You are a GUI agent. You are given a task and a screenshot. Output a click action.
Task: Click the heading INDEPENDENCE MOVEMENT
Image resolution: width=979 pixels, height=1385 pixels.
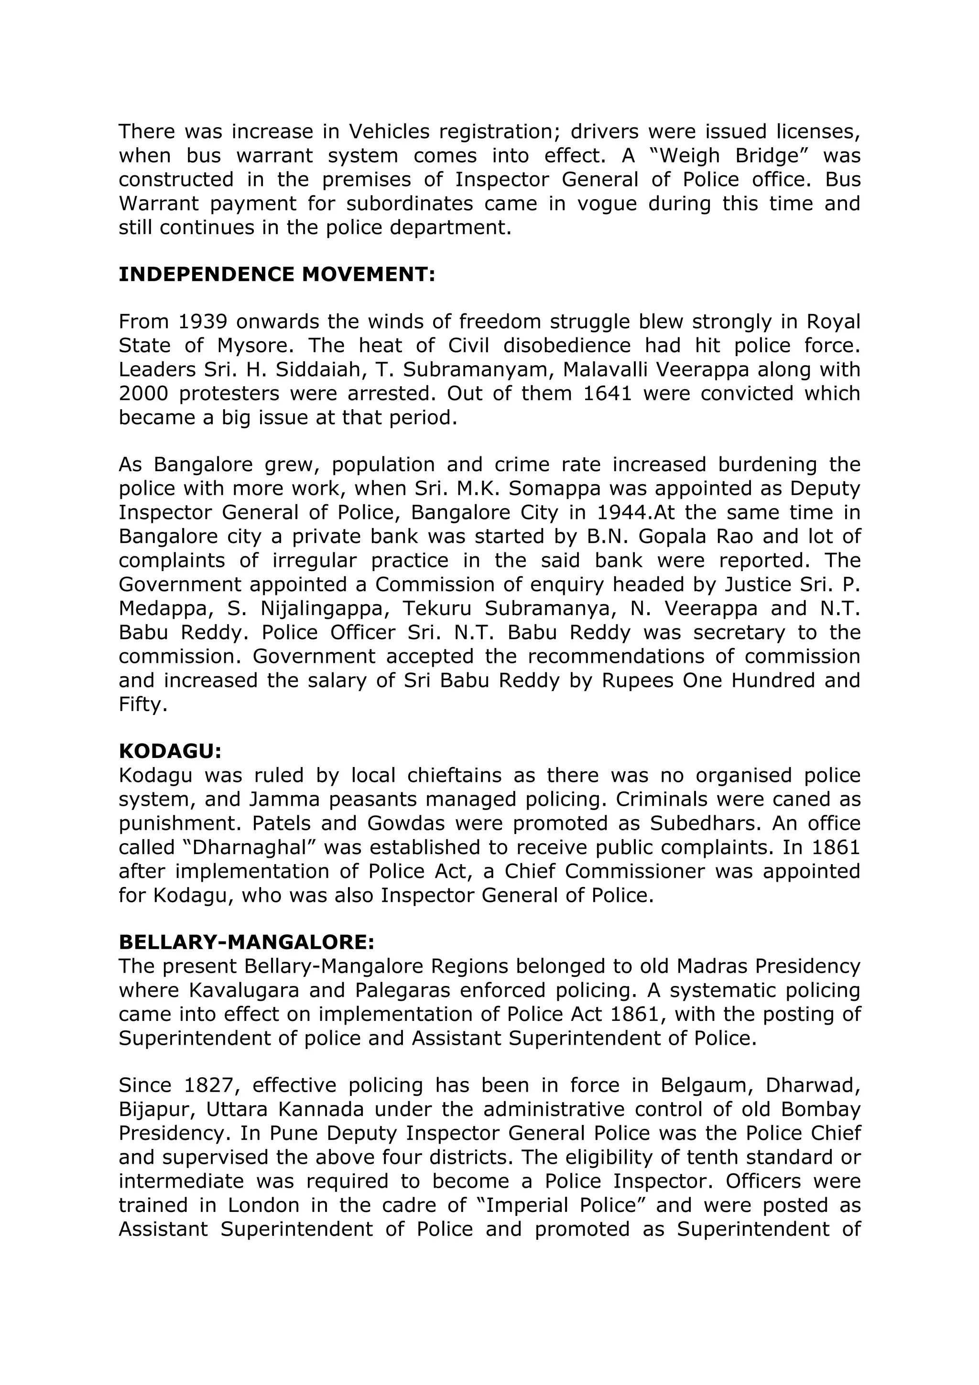276,274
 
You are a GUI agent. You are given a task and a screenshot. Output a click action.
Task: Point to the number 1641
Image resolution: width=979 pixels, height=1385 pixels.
608,393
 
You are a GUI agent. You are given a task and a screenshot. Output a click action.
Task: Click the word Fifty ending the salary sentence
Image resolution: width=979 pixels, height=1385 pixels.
142,704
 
